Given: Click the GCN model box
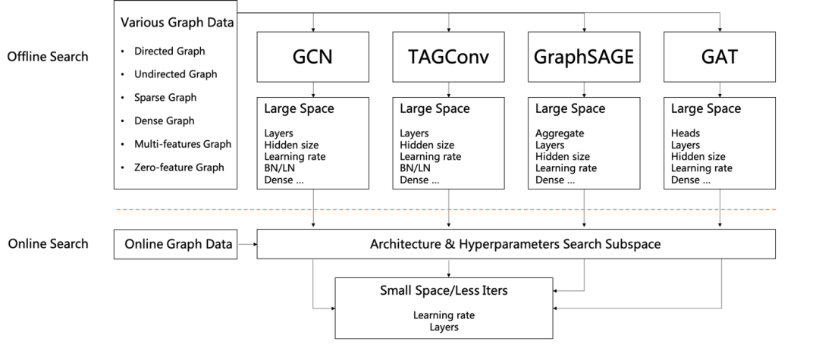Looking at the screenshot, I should pos(312,57).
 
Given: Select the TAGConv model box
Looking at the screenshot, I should pos(448,57).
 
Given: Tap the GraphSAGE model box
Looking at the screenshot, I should pos(583,57).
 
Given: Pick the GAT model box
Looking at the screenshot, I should pos(719,57).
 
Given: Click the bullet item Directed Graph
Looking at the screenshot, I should pos(169,52).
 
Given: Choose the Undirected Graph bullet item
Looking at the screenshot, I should pos(175,74).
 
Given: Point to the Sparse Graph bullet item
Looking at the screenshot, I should pos(165,98).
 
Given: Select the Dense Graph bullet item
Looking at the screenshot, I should pos(164,121).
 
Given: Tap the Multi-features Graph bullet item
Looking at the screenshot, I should pos(182,144).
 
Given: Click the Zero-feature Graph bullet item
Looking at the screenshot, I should pos(179,167).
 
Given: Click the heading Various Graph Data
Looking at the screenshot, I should pos(177,23).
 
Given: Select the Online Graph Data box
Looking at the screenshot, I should pos(178,244).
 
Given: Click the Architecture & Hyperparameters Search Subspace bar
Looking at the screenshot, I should pos(516,244).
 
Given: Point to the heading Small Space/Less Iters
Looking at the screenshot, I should pos(444,291).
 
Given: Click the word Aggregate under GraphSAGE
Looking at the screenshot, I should pos(560,133).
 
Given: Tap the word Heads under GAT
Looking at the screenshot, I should pos(686,133).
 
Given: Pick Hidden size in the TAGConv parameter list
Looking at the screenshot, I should pos(427,145).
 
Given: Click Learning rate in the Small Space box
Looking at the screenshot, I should pos(444,315).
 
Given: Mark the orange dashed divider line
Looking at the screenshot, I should pos(445,209).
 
